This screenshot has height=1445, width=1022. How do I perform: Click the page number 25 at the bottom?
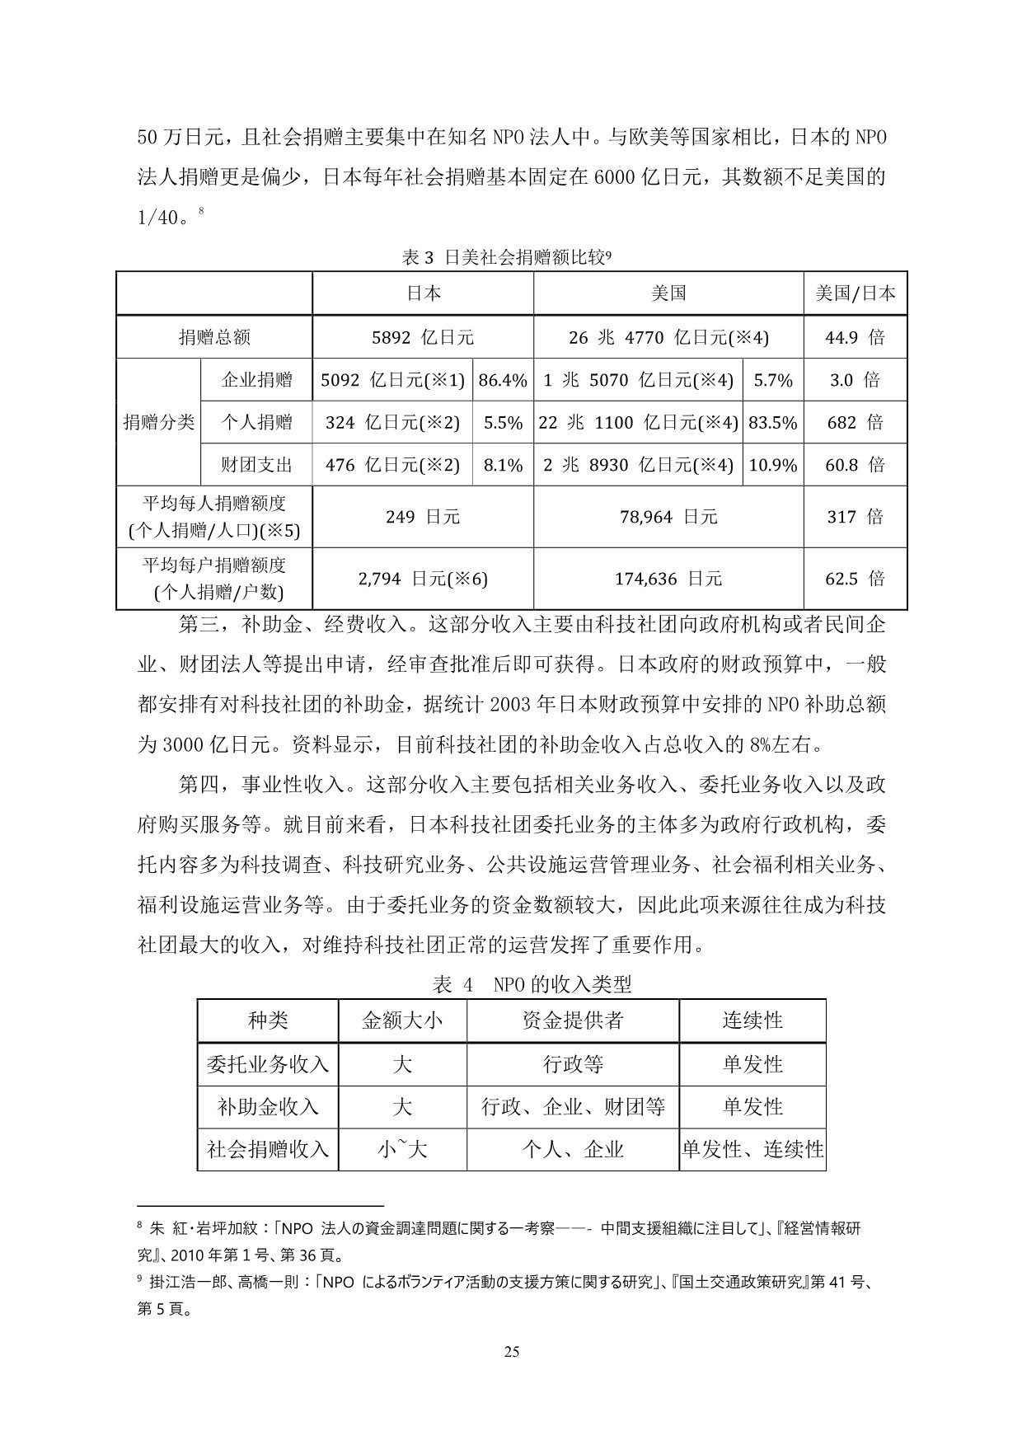[x=511, y=1374]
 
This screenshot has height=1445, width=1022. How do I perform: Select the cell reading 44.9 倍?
[x=855, y=337]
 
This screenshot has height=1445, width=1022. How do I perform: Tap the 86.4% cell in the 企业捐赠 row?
[x=503, y=380]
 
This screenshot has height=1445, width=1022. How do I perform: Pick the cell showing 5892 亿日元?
[x=423, y=337]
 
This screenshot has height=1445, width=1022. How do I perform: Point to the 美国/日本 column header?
[x=855, y=293]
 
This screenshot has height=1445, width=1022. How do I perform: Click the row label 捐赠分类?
[x=158, y=422]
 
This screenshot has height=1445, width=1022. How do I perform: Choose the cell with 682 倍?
[x=855, y=423]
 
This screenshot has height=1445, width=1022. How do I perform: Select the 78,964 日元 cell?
[x=668, y=517]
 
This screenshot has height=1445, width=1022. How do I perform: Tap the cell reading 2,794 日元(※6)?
[x=423, y=579]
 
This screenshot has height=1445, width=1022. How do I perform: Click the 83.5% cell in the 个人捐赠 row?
[x=772, y=423]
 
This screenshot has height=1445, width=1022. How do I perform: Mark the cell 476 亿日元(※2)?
[x=392, y=465]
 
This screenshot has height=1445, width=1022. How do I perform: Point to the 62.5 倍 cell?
[x=855, y=579]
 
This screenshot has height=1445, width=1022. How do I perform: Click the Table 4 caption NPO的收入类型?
[x=532, y=984]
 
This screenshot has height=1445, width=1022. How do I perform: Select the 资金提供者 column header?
[x=573, y=1021]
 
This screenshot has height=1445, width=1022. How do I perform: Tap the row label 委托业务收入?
[x=268, y=1064]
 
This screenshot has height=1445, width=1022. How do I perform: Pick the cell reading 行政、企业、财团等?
[x=573, y=1107]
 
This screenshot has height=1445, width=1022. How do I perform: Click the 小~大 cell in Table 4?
[x=402, y=1149]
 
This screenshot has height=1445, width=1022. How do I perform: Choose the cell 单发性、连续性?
[x=752, y=1149]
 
